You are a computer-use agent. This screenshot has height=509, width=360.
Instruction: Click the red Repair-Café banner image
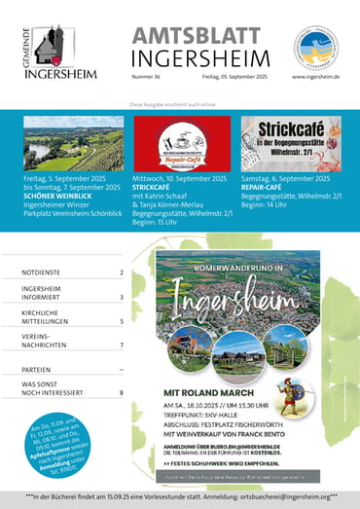181,143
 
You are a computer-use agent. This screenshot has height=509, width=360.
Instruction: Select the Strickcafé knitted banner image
290,143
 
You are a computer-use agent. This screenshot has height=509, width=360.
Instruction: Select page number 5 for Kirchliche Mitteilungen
122,320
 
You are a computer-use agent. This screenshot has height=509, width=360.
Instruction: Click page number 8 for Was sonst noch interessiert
122,393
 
